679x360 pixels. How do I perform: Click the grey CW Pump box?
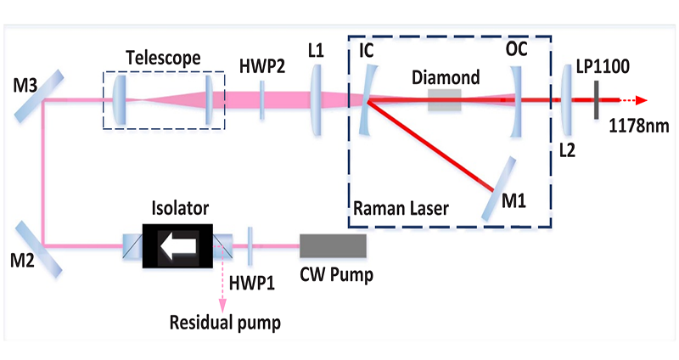pos(334,245)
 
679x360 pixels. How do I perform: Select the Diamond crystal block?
pos(445,101)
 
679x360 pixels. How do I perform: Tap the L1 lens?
pos(316,101)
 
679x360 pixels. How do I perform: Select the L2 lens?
pos(566,101)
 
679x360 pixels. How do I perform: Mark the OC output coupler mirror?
pos(517,101)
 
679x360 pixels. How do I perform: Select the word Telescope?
pos(162,58)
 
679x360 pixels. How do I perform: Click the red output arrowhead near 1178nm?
pos(646,100)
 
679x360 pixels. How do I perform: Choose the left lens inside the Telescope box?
pos(120,101)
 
